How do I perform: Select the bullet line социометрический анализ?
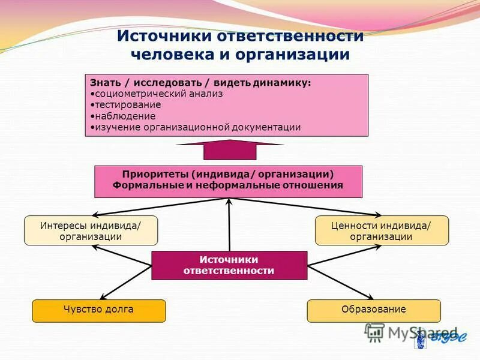tap(158, 94)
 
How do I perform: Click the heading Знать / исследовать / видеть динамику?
tap(200, 83)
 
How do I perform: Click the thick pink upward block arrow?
tap(230, 149)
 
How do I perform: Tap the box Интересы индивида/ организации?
tap(91, 230)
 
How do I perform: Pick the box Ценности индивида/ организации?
tap(382, 230)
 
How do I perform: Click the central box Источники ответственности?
tap(229, 265)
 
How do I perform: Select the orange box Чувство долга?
tap(98, 310)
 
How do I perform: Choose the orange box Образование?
tap(374, 310)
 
